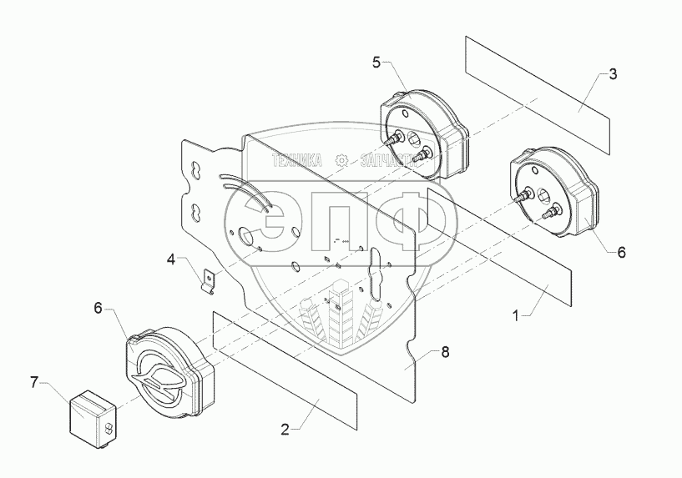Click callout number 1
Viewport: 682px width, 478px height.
(517, 316)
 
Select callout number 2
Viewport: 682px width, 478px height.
(285, 430)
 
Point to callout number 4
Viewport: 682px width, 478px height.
(171, 259)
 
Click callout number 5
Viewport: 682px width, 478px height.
(376, 63)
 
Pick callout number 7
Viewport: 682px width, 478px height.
(34, 382)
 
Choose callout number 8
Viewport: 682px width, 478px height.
(445, 352)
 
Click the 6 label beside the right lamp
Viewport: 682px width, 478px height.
(620, 251)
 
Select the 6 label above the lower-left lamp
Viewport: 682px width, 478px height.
(98, 309)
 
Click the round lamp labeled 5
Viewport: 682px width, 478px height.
(422, 133)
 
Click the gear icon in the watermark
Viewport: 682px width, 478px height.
(341, 160)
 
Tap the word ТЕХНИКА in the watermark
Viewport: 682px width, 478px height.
(296, 160)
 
